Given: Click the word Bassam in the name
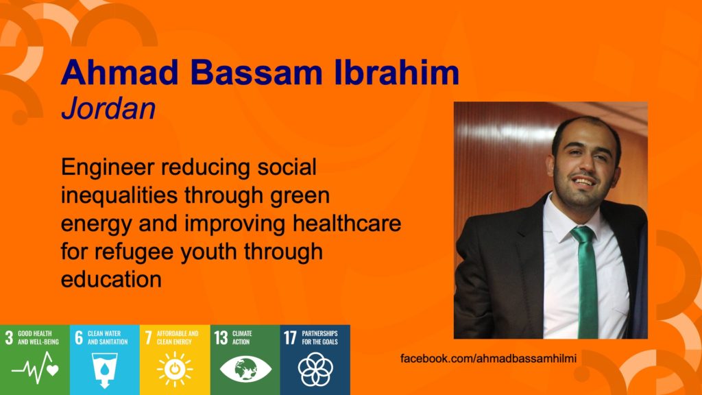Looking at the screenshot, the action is click(256, 72).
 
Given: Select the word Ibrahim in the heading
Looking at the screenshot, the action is click(397, 72).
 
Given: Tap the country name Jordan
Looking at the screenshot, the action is click(108, 108).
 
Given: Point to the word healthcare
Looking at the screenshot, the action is click(347, 223).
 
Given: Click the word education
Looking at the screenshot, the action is click(111, 280).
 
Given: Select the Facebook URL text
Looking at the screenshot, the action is click(488, 358).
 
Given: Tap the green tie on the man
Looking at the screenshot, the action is click(588, 282).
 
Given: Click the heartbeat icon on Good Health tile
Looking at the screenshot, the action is click(35, 368).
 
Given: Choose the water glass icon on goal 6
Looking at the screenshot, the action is click(104, 369).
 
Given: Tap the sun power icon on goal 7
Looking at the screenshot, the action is click(175, 369).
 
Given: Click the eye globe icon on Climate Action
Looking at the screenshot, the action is click(245, 369).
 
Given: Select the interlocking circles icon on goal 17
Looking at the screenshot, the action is click(315, 369).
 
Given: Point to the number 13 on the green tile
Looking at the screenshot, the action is click(221, 337).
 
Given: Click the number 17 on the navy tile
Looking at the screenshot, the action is click(290, 337).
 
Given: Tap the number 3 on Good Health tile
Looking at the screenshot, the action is click(9, 337).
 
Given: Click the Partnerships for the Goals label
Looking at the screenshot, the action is click(319, 337).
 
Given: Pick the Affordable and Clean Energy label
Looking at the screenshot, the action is click(178, 337).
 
